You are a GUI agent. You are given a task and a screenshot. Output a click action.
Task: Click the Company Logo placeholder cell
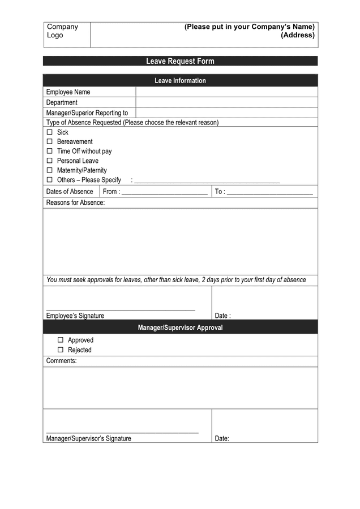pyautogui.click(x=66, y=34)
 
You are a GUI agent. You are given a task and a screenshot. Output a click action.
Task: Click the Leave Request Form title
pyautogui.click(x=180, y=61)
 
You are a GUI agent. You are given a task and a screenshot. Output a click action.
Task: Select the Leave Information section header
pyautogui.click(x=180, y=80)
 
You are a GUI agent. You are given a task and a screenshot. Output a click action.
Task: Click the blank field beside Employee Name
pyautogui.click(x=226, y=92)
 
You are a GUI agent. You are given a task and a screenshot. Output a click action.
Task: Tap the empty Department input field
pyautogui.click(x=226, y=102)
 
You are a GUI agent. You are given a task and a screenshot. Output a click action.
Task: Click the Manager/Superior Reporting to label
pyautogui.click(x=87, y=113)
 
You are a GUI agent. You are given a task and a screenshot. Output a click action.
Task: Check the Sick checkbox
pyautogui.click(x=49, y=132)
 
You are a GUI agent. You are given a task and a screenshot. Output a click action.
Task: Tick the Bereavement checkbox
pyautogui.click(x=49, y=141)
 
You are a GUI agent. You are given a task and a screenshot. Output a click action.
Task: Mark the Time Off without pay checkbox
pyautogui.click(x=49, y=151)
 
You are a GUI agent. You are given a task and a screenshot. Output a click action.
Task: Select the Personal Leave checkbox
pyautogui.click(x=49, y=161)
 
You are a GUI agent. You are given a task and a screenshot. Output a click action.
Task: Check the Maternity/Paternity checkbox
pyautogui.click(x=49, y=170)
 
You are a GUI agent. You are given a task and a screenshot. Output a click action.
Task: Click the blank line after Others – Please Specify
pyautogui.click(x=207, y=180)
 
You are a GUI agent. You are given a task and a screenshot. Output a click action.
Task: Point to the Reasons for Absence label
pyautogui.click(x=75, y=202)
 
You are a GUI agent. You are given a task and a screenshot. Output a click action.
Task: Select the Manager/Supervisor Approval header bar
pyautogui.click(x=180, y=327)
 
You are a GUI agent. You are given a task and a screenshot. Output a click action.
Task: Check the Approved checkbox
pyautogui.click(x=60, y=340)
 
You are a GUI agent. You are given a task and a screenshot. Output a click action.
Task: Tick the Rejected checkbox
pyautogui.click(x=60, y=350)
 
